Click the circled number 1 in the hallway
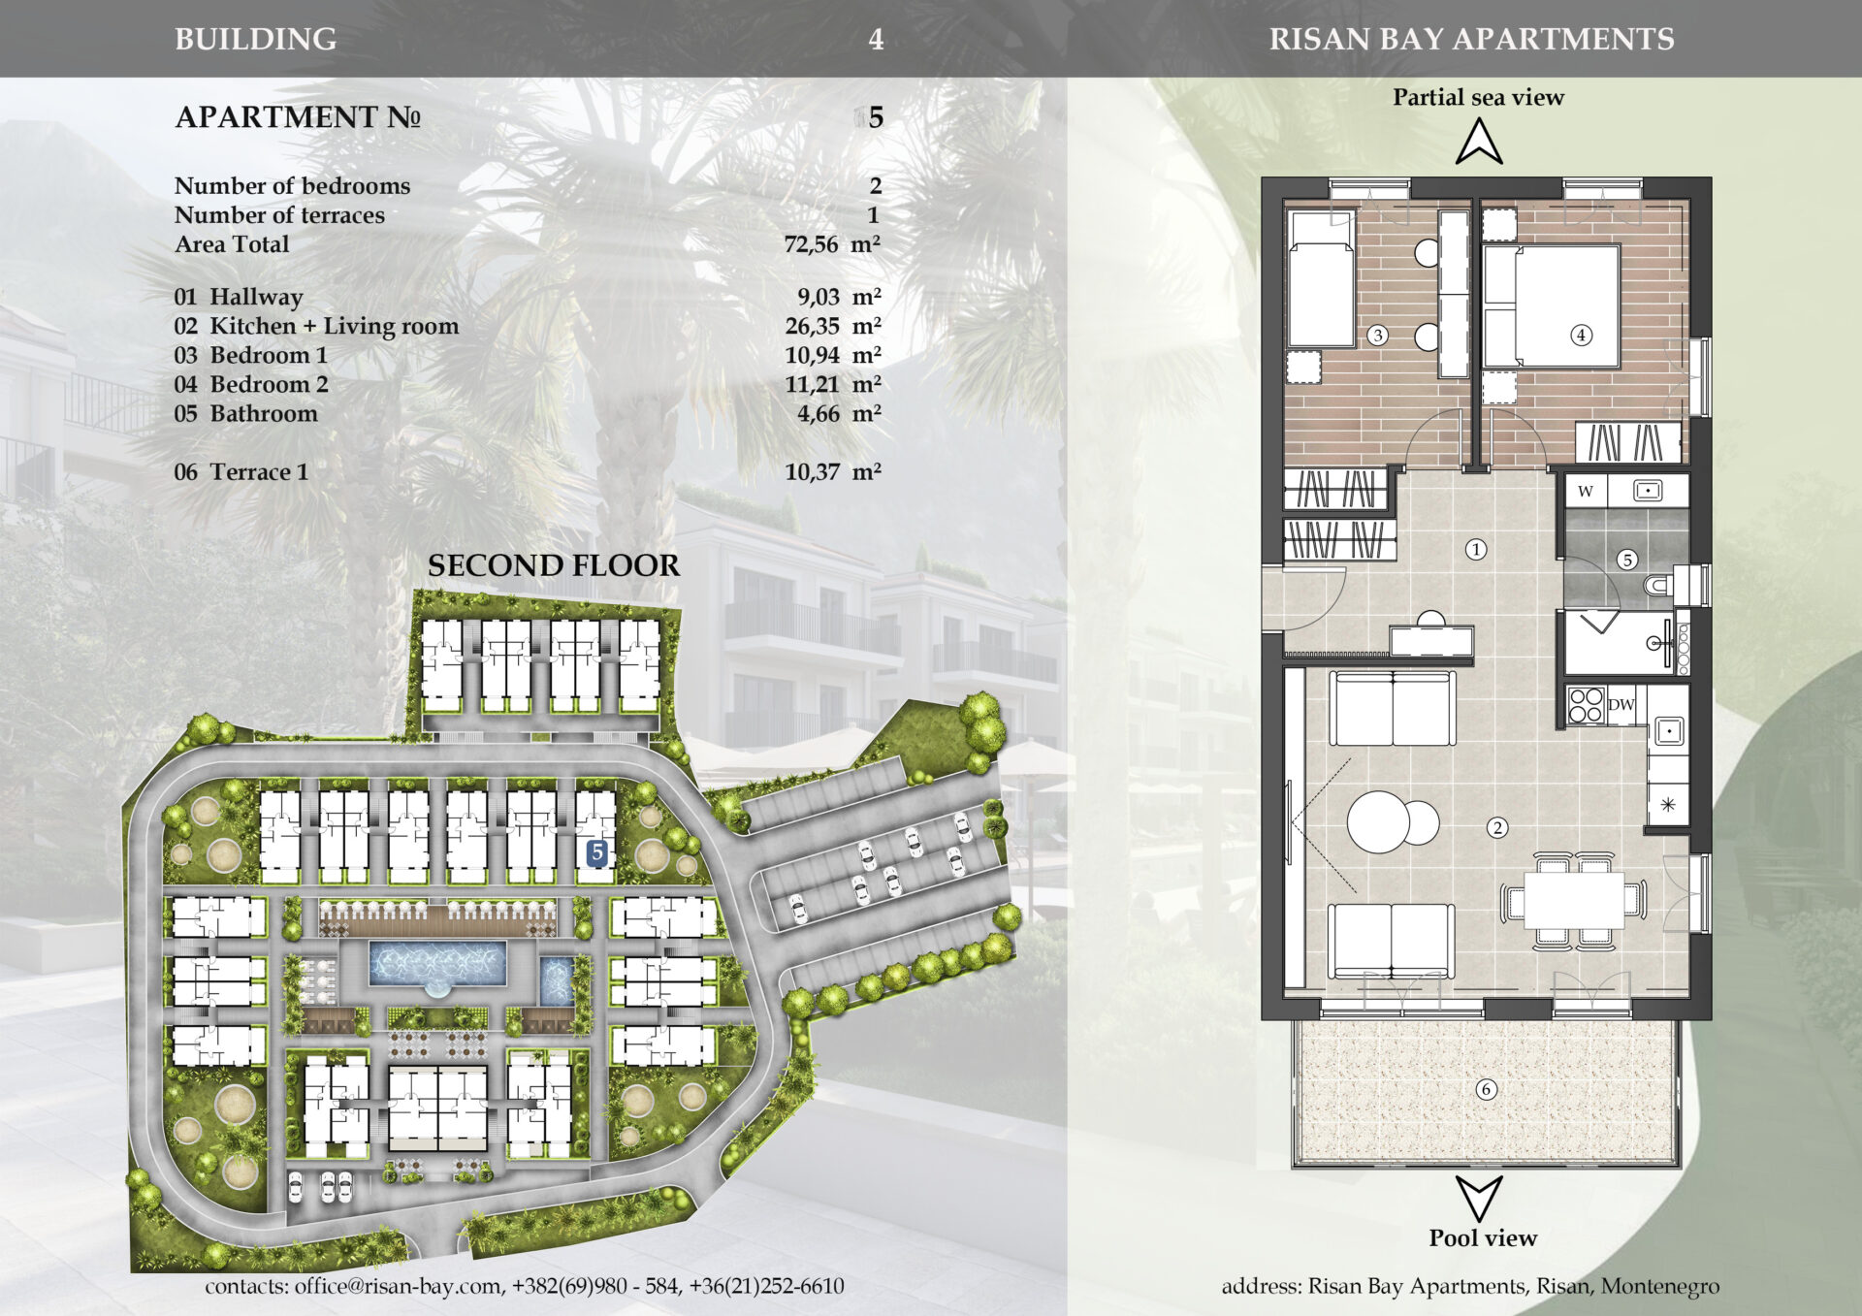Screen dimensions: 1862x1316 coord(1476,550)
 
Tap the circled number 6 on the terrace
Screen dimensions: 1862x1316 coord(1486,1089)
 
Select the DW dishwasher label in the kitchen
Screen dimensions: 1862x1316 coord(1621,705)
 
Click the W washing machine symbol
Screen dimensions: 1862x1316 coord(1586,491)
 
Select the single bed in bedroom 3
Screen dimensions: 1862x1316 coord(1321,280)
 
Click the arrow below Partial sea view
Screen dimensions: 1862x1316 coord(1479,142)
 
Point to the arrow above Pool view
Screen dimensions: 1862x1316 coord(1479,1198)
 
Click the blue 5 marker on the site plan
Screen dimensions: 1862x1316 coord(597,852)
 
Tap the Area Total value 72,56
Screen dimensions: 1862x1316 coord(811,244)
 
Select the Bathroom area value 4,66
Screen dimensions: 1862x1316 coord(819,414)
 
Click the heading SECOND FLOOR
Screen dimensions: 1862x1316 coord(554,565)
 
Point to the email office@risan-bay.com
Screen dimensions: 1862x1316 coord(400,1286)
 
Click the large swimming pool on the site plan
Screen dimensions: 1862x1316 coord(437,964)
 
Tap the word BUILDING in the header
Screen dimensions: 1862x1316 coord(256,39)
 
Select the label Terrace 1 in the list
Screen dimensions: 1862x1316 coord(259,472)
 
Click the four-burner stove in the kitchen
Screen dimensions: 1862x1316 coord(1587,705)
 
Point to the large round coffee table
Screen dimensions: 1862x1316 coord(1378,821)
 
